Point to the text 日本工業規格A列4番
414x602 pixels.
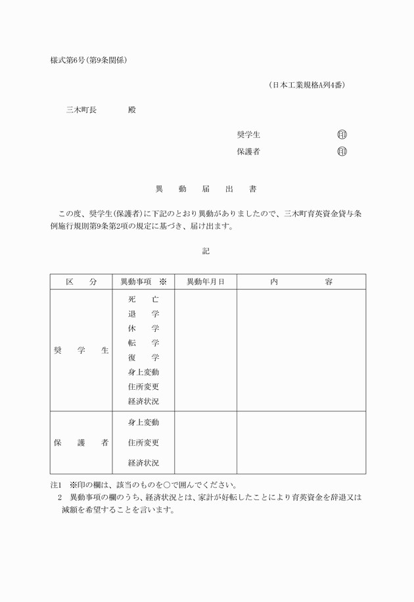click(x=307, y=85)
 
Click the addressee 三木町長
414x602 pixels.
click(x=81, y=110)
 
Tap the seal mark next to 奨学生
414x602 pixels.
click(x=342, y=135)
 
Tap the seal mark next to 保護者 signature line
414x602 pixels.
click(x=342, y=152)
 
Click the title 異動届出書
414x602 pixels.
click(x=206, y=189)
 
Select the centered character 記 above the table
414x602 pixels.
click(x=206, y=251)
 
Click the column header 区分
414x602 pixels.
click(x=81, y=281)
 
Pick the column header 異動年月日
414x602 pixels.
click(x=206, y=281)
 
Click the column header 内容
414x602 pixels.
click(x=301, y=281)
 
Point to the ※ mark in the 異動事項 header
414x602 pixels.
click(x=163, y=281)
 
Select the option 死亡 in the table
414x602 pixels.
click(x=143, y=299)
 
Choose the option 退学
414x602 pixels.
click(x=143, y=314)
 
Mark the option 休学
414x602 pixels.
click(x=143, y=329)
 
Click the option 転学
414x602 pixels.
click(x=143, y=343)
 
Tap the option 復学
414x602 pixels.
click(x=143, y=358)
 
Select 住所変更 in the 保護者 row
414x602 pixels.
click(x=143, y=442)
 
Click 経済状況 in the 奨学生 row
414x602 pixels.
click(x=143, y=401)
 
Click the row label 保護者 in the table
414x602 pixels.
click(x=81, y=442)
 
